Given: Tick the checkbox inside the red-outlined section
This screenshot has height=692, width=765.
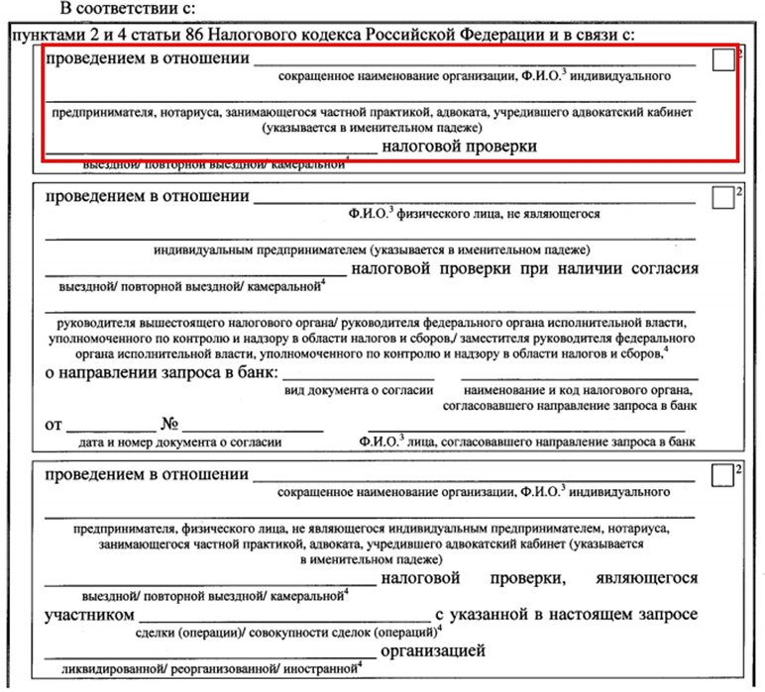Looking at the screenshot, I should (x=723, y=61).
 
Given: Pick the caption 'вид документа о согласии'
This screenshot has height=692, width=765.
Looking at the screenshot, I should (x=360, y=390).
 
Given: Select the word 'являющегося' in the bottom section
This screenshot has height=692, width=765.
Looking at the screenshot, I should (x=648, y=577).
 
